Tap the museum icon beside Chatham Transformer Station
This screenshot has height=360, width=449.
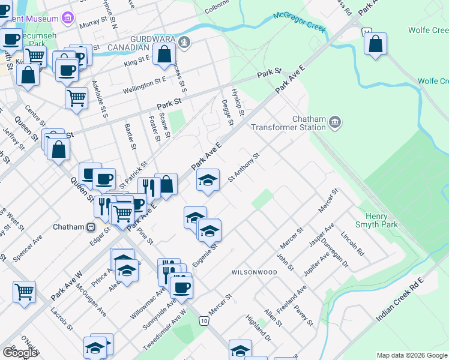(x=335, y=123)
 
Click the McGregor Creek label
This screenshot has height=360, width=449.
(x=299, y=21)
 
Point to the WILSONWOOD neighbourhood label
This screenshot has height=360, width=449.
(x=255, y=272)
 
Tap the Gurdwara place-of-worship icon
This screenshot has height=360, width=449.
(x=185, y=42)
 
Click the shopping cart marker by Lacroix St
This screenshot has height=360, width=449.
(x=25, y=292)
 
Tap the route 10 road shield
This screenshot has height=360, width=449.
(x=205, y=322)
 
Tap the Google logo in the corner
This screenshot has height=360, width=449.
(x=20, y=353)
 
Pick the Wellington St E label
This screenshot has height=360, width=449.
(x=144, y=85)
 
